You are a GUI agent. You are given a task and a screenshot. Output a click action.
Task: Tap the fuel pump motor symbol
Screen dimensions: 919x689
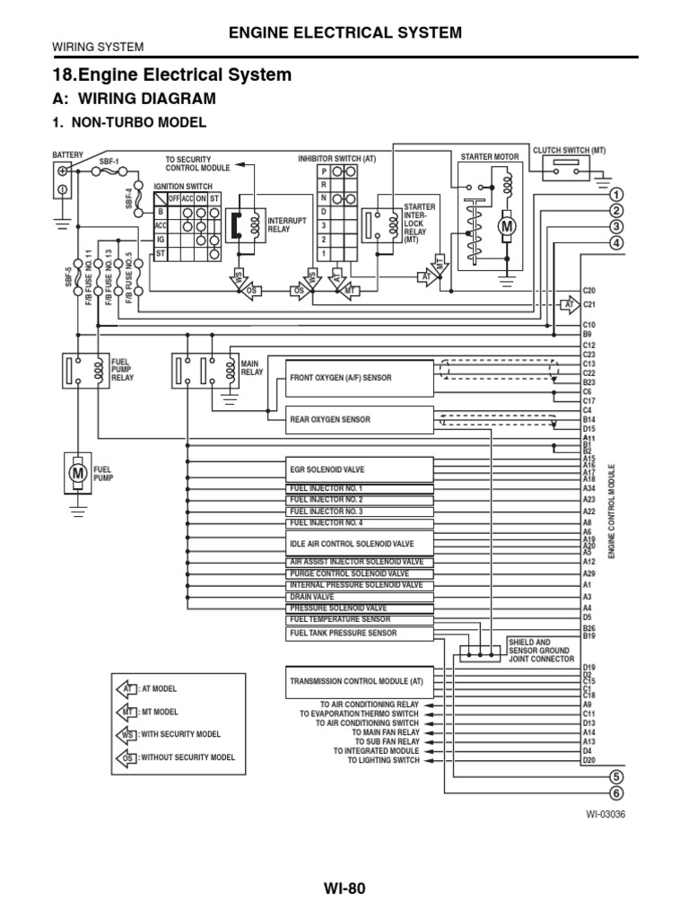coord(76,471)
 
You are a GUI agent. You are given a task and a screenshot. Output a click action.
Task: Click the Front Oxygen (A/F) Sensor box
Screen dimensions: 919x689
coord(360,378)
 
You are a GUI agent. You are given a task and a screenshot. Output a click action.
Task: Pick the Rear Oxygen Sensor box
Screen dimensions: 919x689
coord(360,419)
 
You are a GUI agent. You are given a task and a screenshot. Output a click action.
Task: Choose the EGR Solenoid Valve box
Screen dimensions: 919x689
coord(360,469)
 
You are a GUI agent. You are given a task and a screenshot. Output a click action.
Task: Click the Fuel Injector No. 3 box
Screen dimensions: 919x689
coord(360,511)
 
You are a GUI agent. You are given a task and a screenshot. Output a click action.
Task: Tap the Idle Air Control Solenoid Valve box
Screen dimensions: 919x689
coord(360,544)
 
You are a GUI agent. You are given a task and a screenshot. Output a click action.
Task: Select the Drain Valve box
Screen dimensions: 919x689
coord(360,596)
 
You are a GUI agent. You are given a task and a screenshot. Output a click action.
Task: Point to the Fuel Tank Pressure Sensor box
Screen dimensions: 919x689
coord(360,633)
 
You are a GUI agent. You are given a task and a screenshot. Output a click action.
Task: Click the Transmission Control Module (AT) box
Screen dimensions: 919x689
coord(360,681)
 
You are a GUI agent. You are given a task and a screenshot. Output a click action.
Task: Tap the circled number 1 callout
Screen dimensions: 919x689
coord(616,195)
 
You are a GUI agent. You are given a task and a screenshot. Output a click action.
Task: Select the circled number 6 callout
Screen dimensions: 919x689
coord(616,792)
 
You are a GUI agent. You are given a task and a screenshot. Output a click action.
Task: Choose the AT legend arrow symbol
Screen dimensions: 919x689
coord(126,688)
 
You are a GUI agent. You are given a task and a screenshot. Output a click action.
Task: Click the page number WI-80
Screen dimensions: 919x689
coord(344,888)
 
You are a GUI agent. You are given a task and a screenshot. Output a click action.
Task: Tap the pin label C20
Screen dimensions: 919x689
coord(589,291)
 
